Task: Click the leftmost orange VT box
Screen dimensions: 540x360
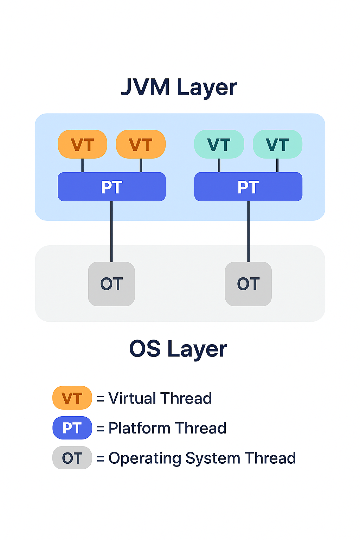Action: click(x=82, y=144)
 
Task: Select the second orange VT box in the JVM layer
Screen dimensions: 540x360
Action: click(x=141, y=144)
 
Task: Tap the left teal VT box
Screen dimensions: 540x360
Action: click(x=219, y=144)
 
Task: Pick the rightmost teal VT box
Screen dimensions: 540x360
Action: click(x=277, y=144)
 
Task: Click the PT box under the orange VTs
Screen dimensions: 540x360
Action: click(x=111, y=187)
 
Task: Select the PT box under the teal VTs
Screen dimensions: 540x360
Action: click(x=248, y=187)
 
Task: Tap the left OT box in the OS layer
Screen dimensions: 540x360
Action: click(x=111, y=284)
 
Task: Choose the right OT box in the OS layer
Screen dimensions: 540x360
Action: click(x=248, y=284)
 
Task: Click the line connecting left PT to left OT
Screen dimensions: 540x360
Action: click(x=111, y=232)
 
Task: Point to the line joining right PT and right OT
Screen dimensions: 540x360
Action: click(x=248, y=232)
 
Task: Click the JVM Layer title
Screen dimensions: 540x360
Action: click(x=179, y=87)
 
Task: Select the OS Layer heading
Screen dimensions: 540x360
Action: click(x=178, y=349)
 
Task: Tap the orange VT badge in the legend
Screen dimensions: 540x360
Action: click(x=72, y=398)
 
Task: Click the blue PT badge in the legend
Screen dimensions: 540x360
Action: click(x=72, y=428)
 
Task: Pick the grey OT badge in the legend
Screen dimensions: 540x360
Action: click(x=72, y=458)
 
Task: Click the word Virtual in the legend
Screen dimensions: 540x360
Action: click(x=132, y=398)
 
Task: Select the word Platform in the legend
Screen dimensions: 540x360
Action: click(x=139, y=428)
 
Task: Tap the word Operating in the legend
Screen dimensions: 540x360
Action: click(x=144, y=458)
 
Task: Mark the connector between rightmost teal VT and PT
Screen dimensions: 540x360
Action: click(x=277, y=165)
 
